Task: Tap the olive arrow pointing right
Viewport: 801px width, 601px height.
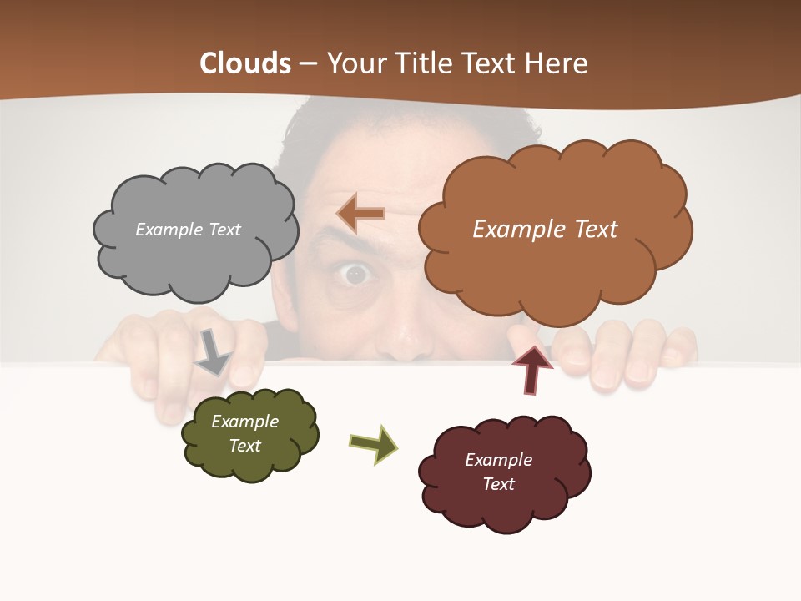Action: click(375, 443)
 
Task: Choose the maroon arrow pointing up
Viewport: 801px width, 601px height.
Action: click(532, 368)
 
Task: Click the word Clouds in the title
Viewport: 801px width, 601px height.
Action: click(245, 63)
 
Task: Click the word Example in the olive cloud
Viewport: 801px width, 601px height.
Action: click(244, 422)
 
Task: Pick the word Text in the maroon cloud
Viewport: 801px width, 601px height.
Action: click(498, 484)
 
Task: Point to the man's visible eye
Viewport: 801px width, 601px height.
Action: click(356, 274)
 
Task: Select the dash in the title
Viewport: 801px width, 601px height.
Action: click(308, 64)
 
